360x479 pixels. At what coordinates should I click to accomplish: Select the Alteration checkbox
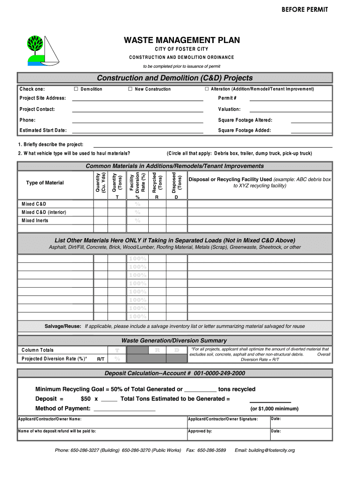tap(206, 89)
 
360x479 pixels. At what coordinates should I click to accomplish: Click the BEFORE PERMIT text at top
tap(304, 10)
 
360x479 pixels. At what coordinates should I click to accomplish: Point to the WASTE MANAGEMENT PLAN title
tap(181, 40)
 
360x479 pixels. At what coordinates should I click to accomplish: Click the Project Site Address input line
tap(137, 100)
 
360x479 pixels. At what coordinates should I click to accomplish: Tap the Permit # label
tap(227, 98)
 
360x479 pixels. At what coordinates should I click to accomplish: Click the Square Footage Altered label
tap(245, 120)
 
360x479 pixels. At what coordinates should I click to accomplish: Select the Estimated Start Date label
tap(43, 130)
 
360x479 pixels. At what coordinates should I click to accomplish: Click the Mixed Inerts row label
tap(35, 220)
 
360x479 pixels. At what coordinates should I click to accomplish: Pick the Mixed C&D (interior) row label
tap(43, 212)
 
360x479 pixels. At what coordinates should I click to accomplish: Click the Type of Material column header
tap(45, 182)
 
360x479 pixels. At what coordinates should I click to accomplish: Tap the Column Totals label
tap(37, 350)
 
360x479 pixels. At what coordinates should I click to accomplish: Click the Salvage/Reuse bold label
tap(63, 326)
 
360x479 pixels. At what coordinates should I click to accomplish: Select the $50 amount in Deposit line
tap(86, 399)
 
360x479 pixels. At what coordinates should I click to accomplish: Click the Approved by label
tap(200, 431)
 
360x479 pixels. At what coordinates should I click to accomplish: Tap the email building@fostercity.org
tap(265, 450)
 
